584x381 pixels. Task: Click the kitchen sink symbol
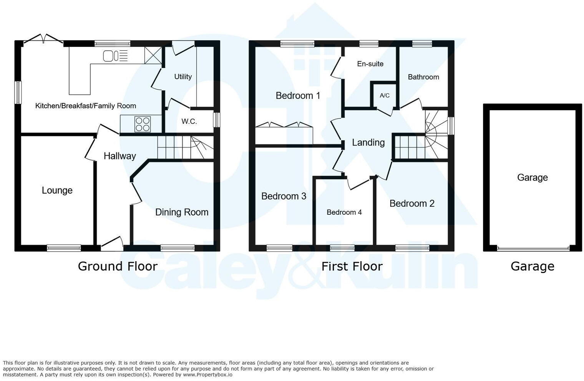pos(115,56)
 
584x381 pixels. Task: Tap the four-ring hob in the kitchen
pos(143,124)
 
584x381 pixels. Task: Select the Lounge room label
pos(57,190)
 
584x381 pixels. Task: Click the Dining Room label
pos(182,212)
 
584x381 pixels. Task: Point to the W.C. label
pos(189,121)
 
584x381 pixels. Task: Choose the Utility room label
pos(183,77)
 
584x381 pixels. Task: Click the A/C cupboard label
pos(385,96)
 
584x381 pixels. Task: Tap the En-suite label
pos(370,64)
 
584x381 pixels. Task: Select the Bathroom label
pos(423,77)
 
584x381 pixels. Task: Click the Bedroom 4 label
pos(344,212)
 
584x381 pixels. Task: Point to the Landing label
pos(368,142)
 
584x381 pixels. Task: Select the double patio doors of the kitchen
pos(43,39)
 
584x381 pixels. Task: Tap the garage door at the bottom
pos(533,248)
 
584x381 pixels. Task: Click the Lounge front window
pos(64,248)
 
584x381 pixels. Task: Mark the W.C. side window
pos(217,119)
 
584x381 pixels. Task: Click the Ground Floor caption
pos(118,266)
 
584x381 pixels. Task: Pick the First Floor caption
pos(352,266)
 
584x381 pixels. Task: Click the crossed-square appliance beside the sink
pos(153,55)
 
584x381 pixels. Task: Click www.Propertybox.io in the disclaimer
pos(207,374)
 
